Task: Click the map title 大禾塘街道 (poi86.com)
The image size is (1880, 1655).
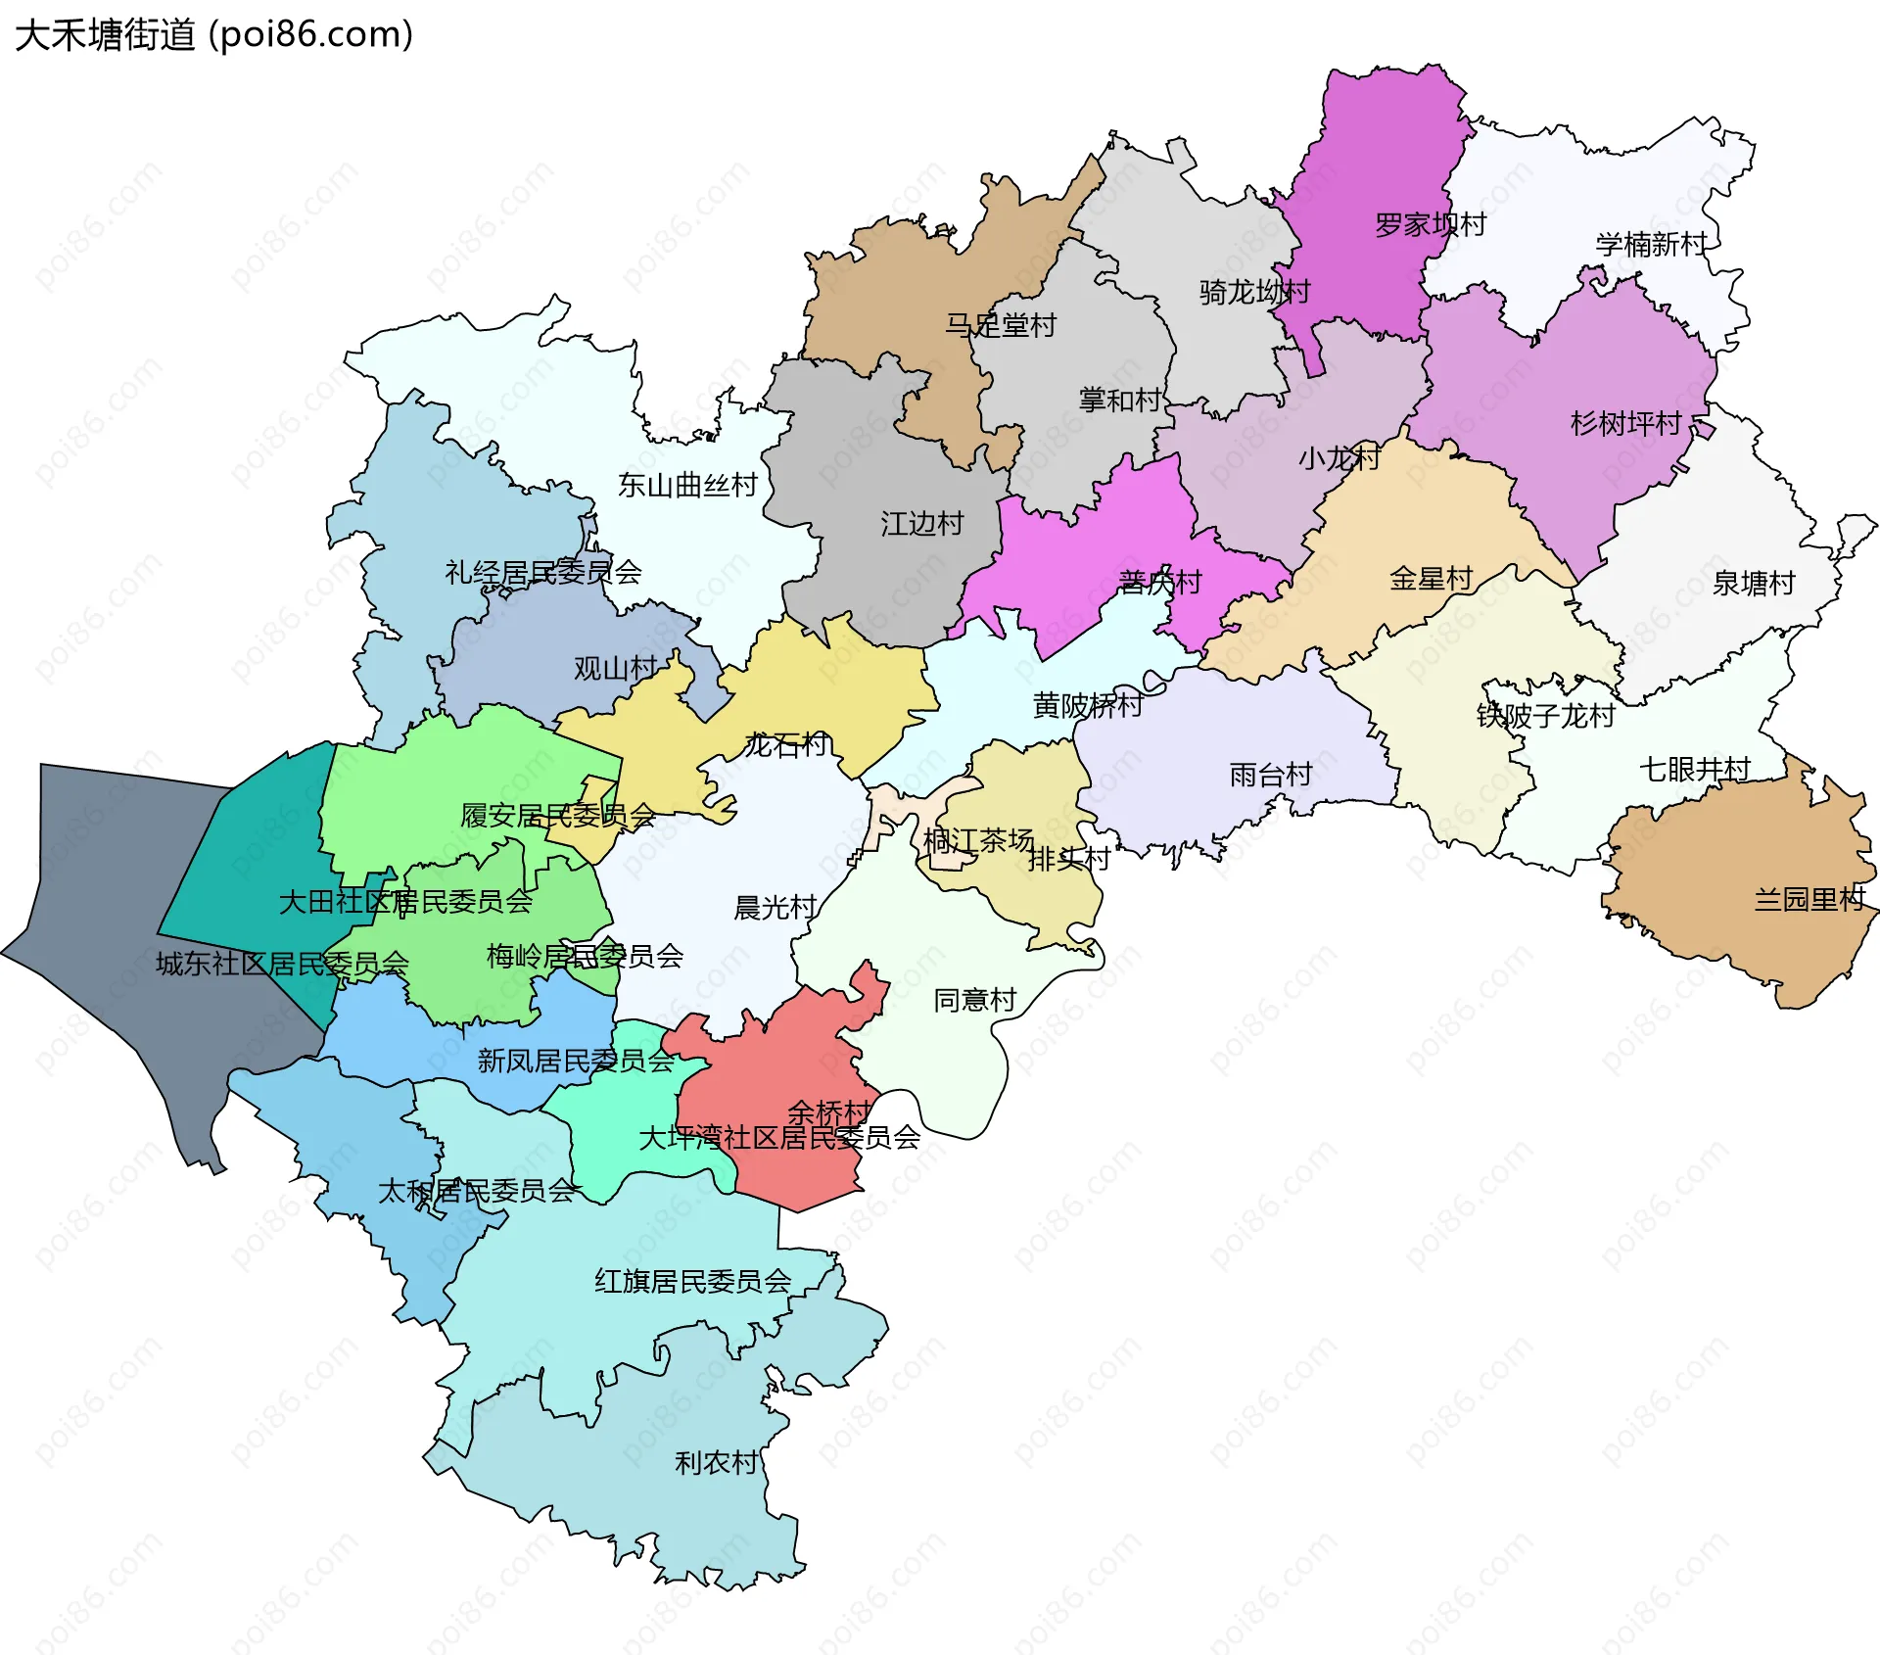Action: (213, 35)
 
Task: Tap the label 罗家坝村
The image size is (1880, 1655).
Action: (1431, 225)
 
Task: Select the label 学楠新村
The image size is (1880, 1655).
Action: (1652, 244)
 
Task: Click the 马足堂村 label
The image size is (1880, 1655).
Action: (1001, 325)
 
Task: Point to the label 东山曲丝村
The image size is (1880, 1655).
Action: (687, 485)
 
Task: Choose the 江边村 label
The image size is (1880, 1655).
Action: (921, 524)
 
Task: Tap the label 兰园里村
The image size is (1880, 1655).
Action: (1809, 899)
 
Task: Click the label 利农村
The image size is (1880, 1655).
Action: (717, 1463)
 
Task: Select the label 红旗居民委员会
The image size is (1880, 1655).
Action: (693, 1281)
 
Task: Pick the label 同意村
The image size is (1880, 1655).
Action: (974, 1000)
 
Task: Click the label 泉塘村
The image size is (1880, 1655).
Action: (1754, 584)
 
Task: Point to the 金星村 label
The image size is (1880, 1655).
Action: (1431, 579)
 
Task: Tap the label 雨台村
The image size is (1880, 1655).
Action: (1271, 775)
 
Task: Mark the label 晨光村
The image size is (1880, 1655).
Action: (775, 908)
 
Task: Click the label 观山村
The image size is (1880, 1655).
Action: (615, 669)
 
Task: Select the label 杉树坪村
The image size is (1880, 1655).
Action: (1625, 423)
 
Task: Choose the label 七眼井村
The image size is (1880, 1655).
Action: (1695, 769)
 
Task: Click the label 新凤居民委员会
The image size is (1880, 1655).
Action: (576, 1061)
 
